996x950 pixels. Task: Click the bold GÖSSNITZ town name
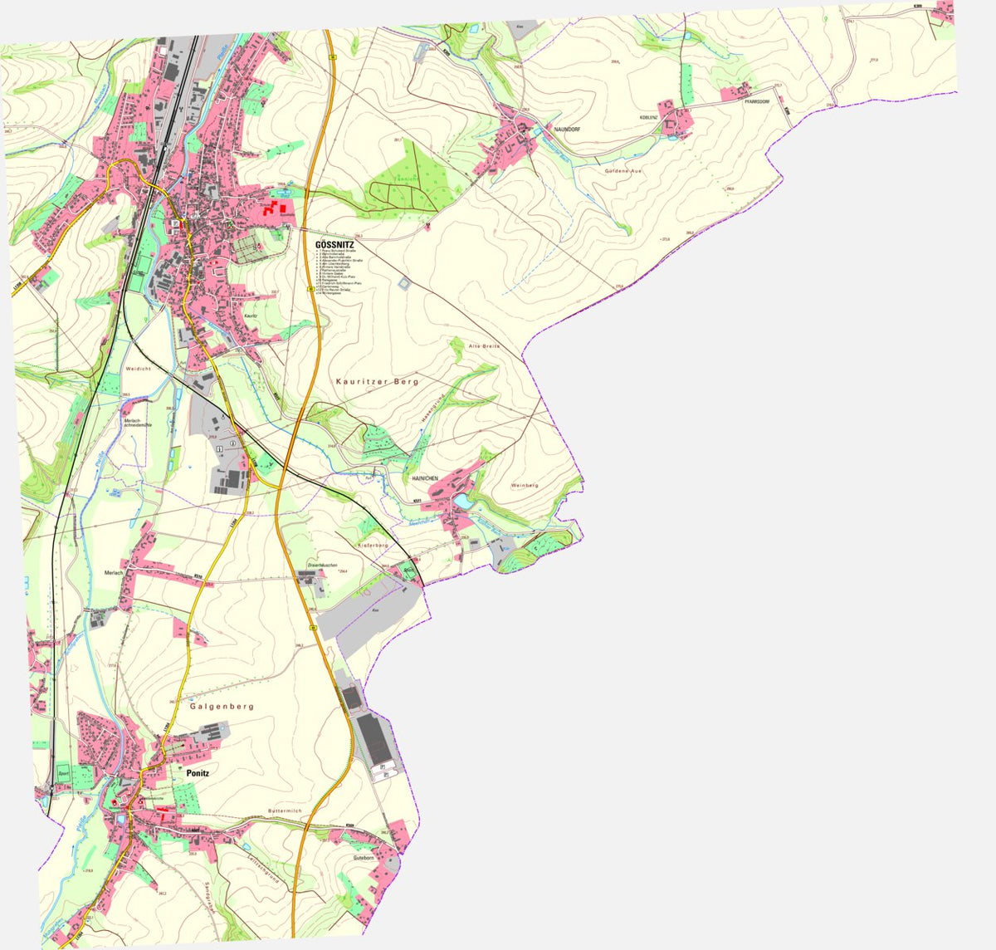[x=334, y=245]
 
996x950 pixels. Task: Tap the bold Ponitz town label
[x=198, y=773]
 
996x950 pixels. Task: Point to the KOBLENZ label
[x=648, y=118]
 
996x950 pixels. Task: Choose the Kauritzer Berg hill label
[x=378, y=381]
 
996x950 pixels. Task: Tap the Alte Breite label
[x=485, y=345]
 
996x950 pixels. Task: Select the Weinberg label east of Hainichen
[x=525, y=485]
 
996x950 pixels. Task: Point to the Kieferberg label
[x=373, y=545]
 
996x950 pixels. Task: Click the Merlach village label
[x=114, y=573]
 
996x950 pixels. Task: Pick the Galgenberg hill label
[x=221, y=707]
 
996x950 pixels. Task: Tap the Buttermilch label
[x=285, y=810]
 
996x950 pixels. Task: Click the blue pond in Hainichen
[x=461, y=502]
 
